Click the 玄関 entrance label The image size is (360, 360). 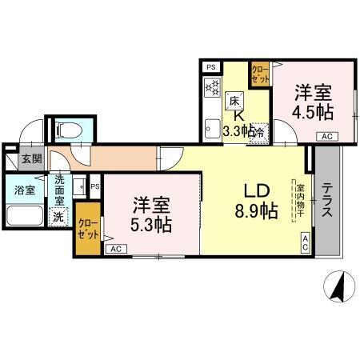click(32, 158)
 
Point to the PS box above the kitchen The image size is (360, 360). click(211, 67)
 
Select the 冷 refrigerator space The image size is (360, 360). click(260, 133)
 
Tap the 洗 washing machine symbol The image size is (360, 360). click(58, 216)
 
